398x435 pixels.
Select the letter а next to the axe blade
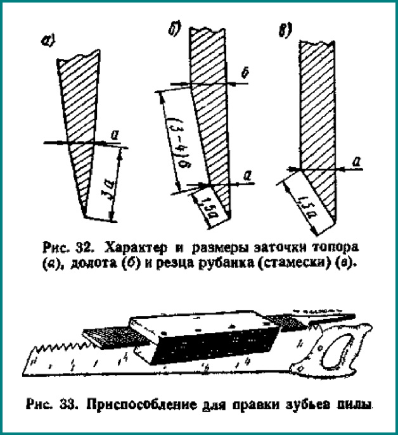tap(114, 134)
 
